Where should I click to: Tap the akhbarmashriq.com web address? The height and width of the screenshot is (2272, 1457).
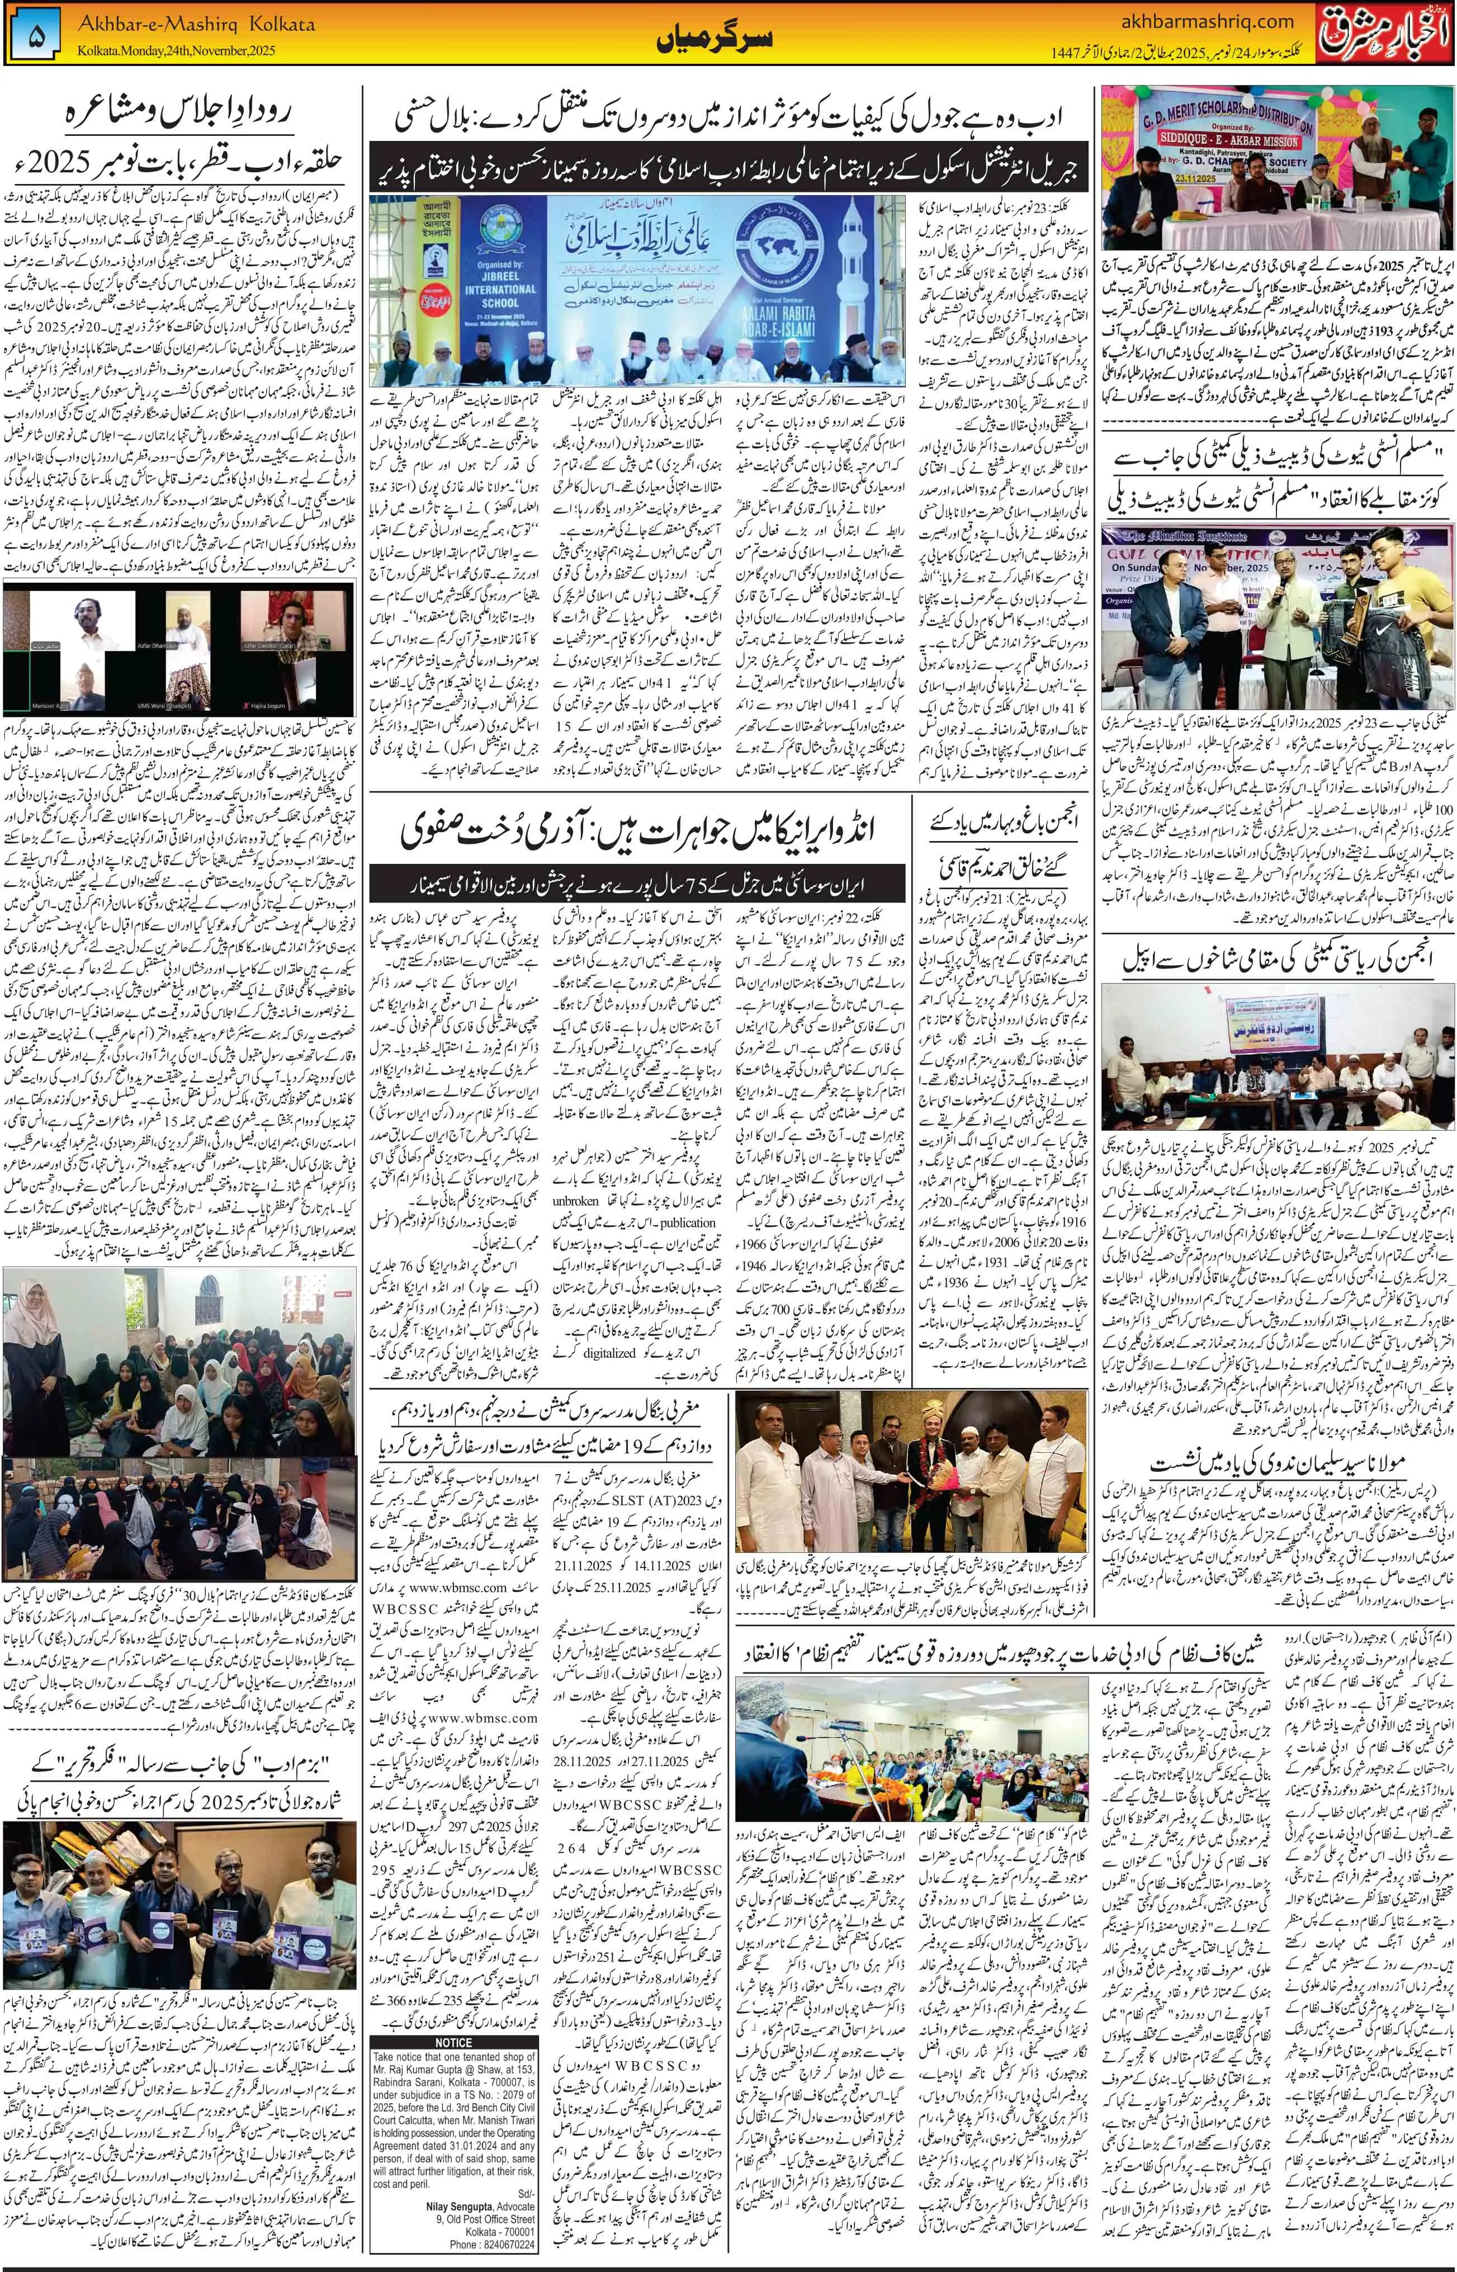tap(1201, 22)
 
